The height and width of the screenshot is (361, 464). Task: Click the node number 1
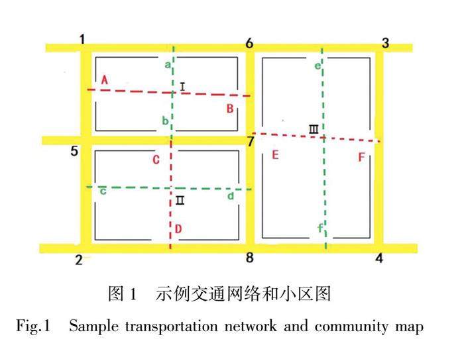click(83, 40)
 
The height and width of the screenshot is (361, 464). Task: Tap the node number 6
click(249, 44)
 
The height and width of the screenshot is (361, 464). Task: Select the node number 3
click(385, 44)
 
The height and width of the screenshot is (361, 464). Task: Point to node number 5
click(75, 152)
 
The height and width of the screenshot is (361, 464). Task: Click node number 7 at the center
click(250, 141)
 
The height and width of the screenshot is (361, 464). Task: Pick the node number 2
click(78, 260)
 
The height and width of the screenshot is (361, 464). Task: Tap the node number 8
click(249, 258)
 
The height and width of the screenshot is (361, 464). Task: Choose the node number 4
click(379, 258)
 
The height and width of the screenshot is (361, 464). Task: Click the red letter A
click(104, 80)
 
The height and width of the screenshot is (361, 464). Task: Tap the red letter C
click(156, 160)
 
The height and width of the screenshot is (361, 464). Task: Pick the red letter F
click(361, 157)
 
